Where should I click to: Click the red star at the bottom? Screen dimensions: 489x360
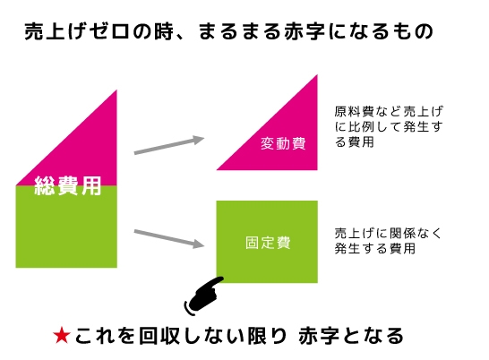62,336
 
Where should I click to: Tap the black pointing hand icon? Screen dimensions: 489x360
204,296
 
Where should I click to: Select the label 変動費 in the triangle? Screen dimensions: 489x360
283,143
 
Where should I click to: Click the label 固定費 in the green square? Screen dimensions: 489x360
268,243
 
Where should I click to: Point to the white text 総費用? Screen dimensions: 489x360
68,185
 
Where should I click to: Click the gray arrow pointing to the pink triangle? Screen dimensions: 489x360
169,145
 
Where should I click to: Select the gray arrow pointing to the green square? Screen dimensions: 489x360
169,238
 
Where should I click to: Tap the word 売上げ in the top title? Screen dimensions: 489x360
56,31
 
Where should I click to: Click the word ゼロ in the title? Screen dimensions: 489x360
109,31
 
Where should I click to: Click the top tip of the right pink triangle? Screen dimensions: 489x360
317,75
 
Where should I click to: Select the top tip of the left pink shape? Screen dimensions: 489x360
116,90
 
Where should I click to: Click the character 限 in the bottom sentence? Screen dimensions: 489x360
257,336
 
